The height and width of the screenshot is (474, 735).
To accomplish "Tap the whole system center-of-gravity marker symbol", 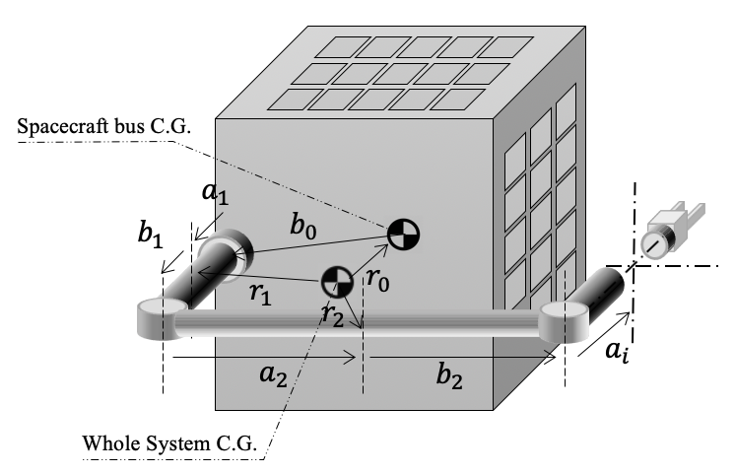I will point(336,280).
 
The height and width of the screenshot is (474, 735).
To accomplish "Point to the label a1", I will point(214,193).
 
